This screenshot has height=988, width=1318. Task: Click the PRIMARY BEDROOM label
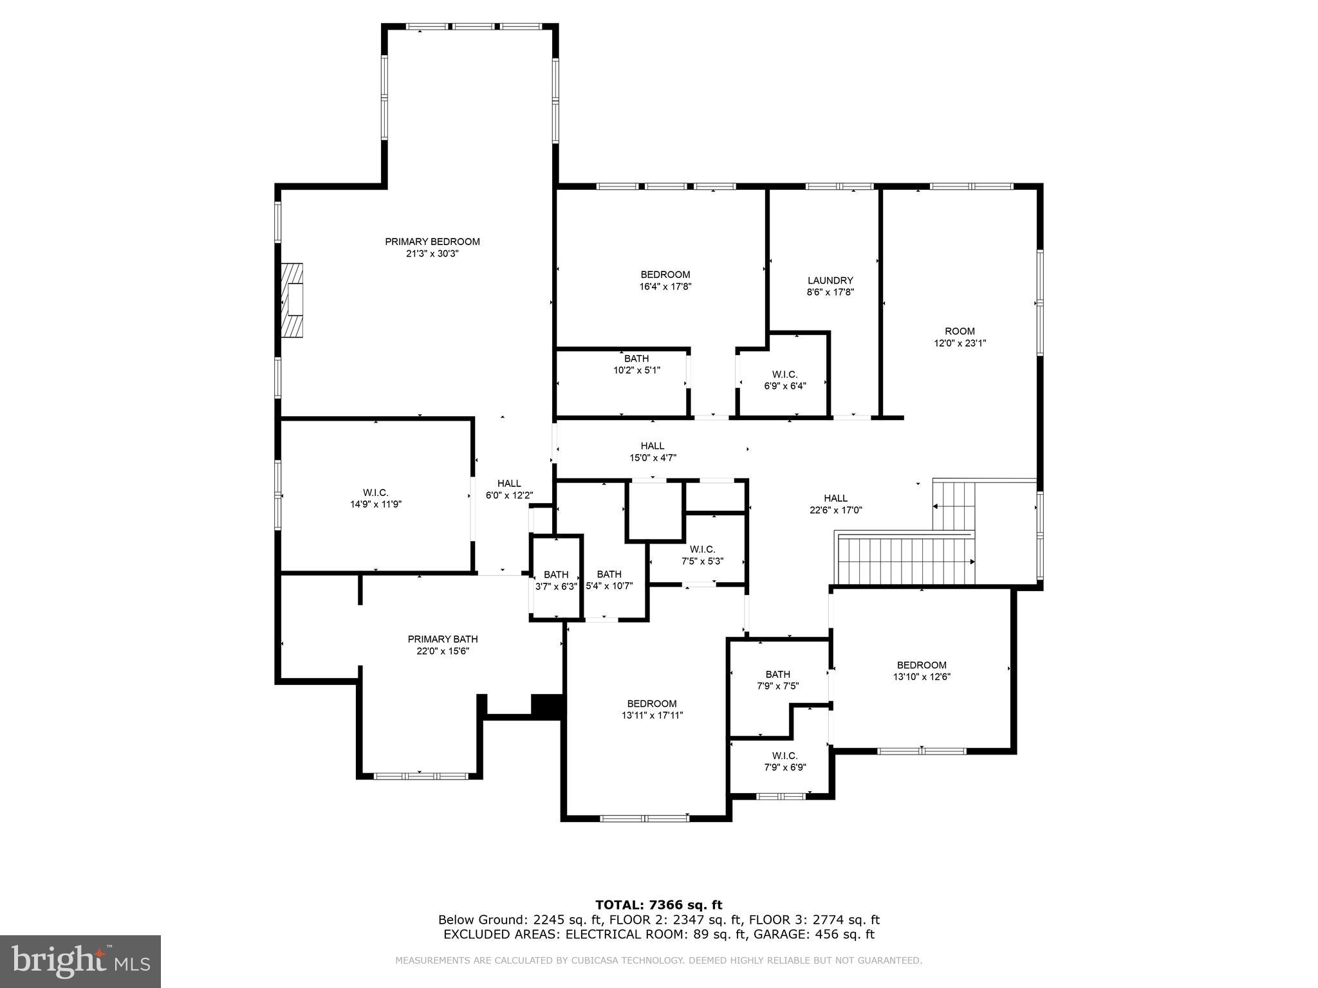click(432, 242)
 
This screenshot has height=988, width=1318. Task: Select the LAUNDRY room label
click(830, 280)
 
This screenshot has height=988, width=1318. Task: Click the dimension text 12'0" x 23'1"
click(960, 343)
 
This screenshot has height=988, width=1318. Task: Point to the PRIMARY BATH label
click(442, 639)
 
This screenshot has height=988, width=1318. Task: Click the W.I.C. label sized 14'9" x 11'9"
click(375, 493)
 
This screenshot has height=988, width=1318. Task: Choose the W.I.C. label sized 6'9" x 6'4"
click(784, 374)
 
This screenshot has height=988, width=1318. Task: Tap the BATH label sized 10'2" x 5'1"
click(636, 359)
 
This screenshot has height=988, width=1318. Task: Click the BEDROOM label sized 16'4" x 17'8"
click(665, 275)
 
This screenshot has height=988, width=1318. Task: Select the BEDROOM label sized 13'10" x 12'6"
click(921, 665)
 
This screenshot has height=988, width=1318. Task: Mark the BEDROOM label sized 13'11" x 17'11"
click(651, 704)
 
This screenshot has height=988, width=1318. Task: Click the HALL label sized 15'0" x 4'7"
click(652, 446)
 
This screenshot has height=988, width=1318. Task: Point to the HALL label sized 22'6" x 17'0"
click(835, 498)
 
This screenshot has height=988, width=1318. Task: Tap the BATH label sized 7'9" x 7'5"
click(777, 674)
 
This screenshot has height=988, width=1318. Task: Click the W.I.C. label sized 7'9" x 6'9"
click(784, 756)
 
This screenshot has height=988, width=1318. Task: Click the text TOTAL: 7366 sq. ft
click(658, 906)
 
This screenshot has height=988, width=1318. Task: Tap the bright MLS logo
click(80, 961)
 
